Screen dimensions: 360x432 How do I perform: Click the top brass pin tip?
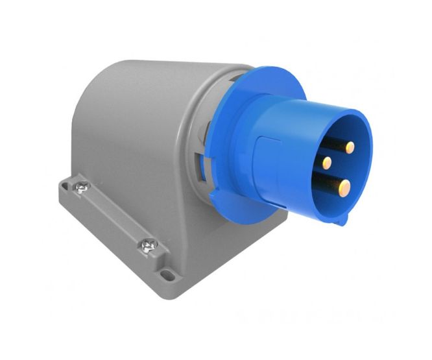[x=351, y=147]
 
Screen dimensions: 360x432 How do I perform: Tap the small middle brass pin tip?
[x=327, y=162]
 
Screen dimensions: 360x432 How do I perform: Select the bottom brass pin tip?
[x=342, y=189]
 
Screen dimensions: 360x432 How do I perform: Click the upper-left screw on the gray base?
[x=82, y=187]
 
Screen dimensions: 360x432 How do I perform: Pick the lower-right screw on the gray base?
[x=147, y=246]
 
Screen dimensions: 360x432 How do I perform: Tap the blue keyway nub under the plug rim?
[x=342, y=221]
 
